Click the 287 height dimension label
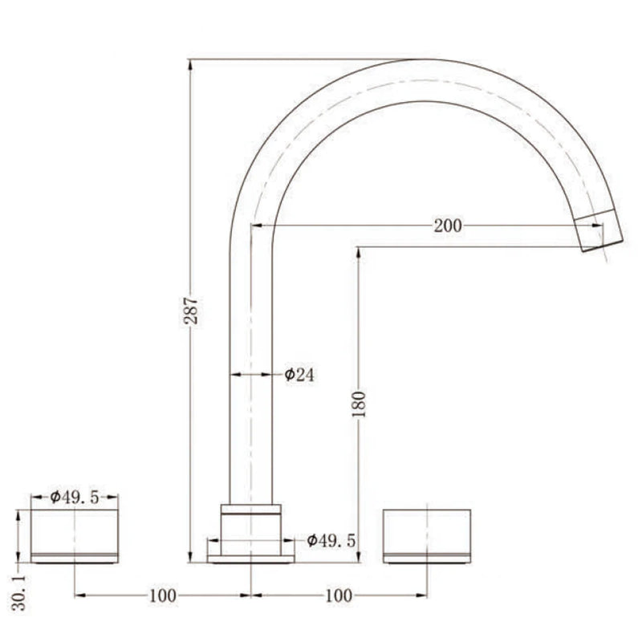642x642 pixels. (191, 311)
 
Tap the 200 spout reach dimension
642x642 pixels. (448, 226)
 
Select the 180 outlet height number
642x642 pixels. (359, 404)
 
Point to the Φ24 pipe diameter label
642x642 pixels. (299, 375)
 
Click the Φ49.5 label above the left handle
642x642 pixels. (75, 498)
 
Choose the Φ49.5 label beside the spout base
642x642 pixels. (331, 541)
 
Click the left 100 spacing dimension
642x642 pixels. (163, 595)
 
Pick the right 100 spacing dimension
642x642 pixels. (339, 595)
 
